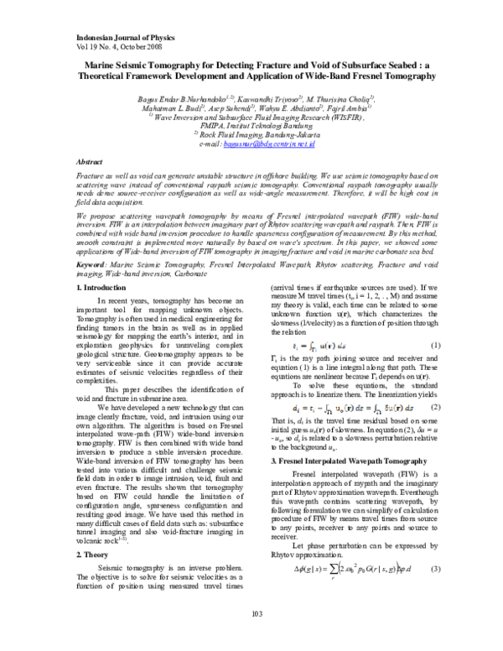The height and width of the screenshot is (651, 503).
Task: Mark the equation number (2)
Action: point(435,406)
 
